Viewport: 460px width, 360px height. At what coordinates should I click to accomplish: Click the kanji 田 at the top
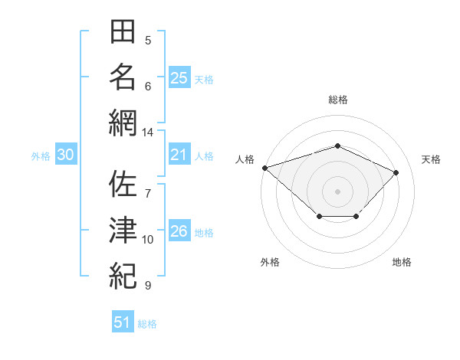coord(123,31)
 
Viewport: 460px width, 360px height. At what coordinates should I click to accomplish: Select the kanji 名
coord(123,77)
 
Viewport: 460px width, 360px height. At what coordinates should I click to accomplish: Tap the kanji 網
coord(123,123)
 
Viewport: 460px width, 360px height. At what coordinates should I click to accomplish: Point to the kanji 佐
coord(123,184)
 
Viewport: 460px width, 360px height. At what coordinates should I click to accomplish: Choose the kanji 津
coord(123,230)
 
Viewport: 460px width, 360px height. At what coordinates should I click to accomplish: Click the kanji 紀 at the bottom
coord(123,276)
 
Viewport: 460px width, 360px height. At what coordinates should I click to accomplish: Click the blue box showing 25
coord(179,77)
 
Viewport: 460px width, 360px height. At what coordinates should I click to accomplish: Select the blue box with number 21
coord(179,154)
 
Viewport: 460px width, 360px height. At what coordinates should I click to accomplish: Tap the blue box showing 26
coord(179,230)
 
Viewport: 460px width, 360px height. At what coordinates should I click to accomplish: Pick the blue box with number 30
coord(66,154)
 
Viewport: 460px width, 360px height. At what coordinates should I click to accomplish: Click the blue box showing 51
coord(123,321)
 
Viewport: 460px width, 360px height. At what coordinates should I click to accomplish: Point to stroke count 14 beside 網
coord(147,133)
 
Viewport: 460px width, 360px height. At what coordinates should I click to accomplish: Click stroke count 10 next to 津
coord(147,240)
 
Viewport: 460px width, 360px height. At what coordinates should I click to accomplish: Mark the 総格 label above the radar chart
coord(338,100)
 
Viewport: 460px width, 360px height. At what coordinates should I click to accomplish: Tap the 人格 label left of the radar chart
coord(245,159)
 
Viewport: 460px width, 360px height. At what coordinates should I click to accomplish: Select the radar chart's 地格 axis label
coord(402,262)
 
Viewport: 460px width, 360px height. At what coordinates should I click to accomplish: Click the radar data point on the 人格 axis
coord(265,168)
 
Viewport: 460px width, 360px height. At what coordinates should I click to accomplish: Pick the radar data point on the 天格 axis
coord(396,172)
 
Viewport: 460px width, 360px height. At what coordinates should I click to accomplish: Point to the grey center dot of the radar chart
coord(337,191)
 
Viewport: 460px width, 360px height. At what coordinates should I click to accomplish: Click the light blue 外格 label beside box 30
coord(41,156)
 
